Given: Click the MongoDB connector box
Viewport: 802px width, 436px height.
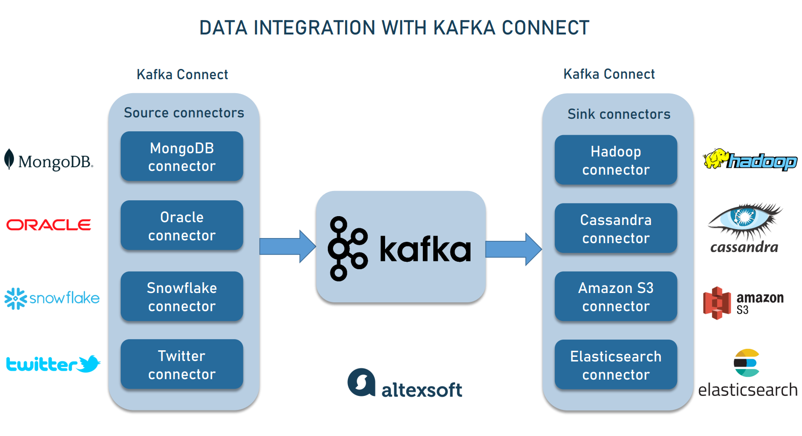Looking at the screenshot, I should click(182, 157).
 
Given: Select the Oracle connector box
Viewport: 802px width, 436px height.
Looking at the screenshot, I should click(182, 226).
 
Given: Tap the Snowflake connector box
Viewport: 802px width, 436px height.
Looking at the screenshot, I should click(182, 297).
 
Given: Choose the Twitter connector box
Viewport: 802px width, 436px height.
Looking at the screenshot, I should click(182, 365).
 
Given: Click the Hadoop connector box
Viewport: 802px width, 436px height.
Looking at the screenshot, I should click(615, 160).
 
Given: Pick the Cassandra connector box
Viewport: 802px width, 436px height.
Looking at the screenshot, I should click(615, 229).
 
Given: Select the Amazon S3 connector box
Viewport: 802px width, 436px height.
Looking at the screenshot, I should click(615, 297).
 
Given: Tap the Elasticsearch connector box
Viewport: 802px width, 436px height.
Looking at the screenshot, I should click(615, 365).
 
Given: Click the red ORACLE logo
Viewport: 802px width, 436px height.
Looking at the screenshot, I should click(48, 225).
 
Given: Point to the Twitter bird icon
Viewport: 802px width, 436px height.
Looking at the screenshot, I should click(89, 364).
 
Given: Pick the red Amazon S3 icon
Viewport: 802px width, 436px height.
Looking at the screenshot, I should click(717, 303).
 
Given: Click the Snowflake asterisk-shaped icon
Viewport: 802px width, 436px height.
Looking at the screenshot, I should click(16, 298).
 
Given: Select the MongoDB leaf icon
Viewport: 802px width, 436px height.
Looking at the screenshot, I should click(9, 159).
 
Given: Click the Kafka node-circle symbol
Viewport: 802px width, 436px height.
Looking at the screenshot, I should click(347, 249).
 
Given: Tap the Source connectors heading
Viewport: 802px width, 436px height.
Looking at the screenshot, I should click(184, 113).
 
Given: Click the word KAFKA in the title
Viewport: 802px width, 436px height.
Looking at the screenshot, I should click(464, 28).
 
